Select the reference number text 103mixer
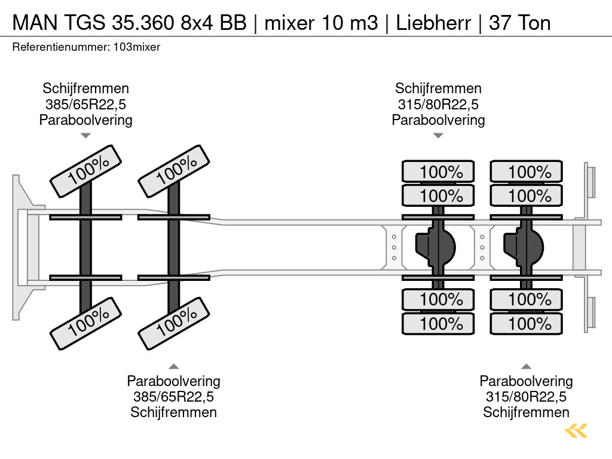coord(136,47)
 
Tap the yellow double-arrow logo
coord(576,430)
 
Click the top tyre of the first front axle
coord(85,171)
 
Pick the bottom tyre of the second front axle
coord(174,325)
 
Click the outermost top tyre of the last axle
coord(527,172)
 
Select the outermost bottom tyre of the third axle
coord(438,324)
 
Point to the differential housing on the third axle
coord(438,246)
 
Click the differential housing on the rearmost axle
coord(525,246)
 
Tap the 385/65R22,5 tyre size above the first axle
coord(85,105)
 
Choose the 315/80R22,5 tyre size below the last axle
coord(527,397)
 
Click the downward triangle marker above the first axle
coord(85,136)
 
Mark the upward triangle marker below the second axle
coord(174,366)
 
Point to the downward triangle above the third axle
coord(438,136)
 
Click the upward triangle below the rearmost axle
coord(527,366)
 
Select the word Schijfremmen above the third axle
coord(438,89)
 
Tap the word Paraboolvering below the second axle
coord(174,381)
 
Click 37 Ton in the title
coord(519,23)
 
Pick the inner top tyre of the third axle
coord(438,195)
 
